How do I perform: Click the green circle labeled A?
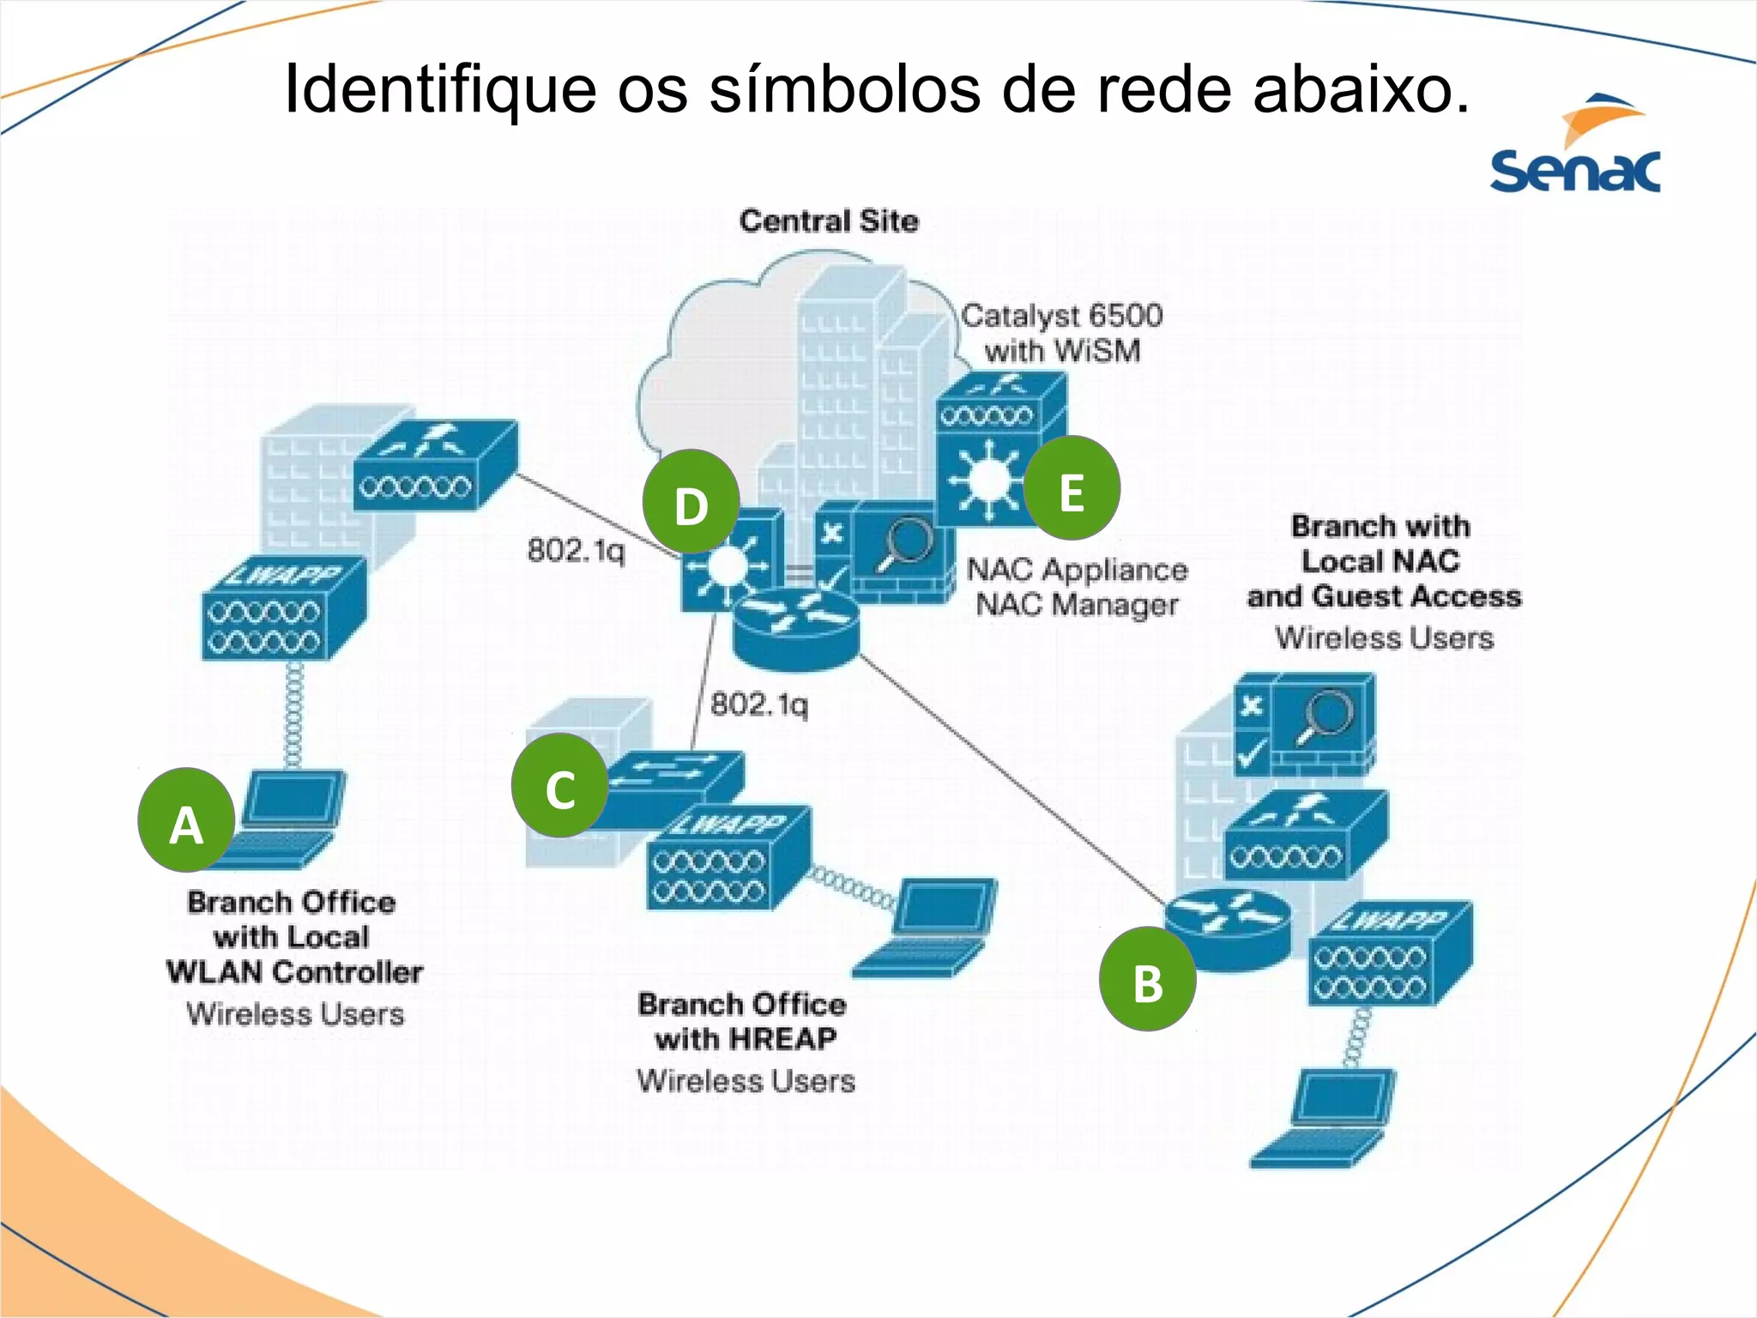tap(186, 820)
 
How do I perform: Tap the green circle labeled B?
tap(1148, 979)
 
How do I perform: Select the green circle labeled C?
tap(560, 785)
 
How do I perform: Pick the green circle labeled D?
tap(691, 502)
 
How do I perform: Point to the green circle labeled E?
tap(1072, 488)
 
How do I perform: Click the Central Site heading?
tap(829, 221)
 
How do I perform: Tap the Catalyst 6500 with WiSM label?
tap(1062, 333)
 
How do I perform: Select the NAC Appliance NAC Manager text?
tap(1078, 587)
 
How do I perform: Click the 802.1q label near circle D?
tap(577, 550)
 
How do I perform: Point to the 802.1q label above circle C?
tap(759, 704)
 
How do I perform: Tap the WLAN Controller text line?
tap(294, 972)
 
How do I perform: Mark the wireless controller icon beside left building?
tap(434, 466)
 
